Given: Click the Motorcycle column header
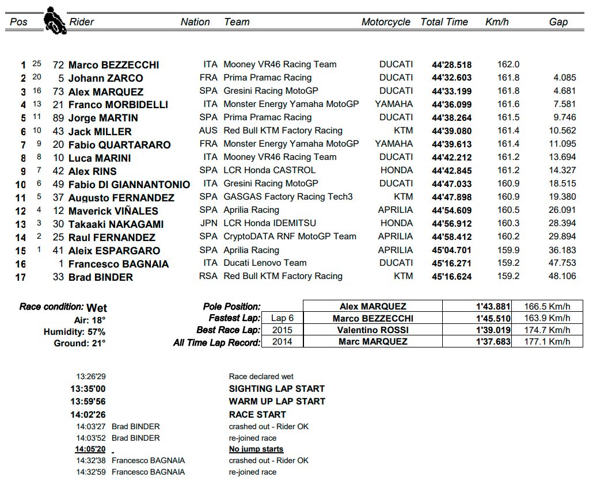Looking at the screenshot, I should point(386,22).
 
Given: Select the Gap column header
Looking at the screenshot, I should point(558,22).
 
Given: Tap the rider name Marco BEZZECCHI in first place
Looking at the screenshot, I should point(113,65).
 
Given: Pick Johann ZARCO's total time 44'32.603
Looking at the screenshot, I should point(451,78).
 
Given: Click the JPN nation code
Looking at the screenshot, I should point(208,223).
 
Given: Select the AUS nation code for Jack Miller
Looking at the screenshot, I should point(208,131).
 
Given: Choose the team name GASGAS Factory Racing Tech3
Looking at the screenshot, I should point(288,197).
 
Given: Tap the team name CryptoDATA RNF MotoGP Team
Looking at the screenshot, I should point(290,236).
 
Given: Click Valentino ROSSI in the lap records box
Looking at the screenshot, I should point(373,330).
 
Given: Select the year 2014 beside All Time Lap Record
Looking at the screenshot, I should point(282,342).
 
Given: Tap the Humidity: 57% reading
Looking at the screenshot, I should point(74,332).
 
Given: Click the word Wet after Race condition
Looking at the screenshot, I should point(97,307).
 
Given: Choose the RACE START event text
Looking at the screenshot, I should point(257,414).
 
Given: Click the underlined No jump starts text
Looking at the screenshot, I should point(256,449).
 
